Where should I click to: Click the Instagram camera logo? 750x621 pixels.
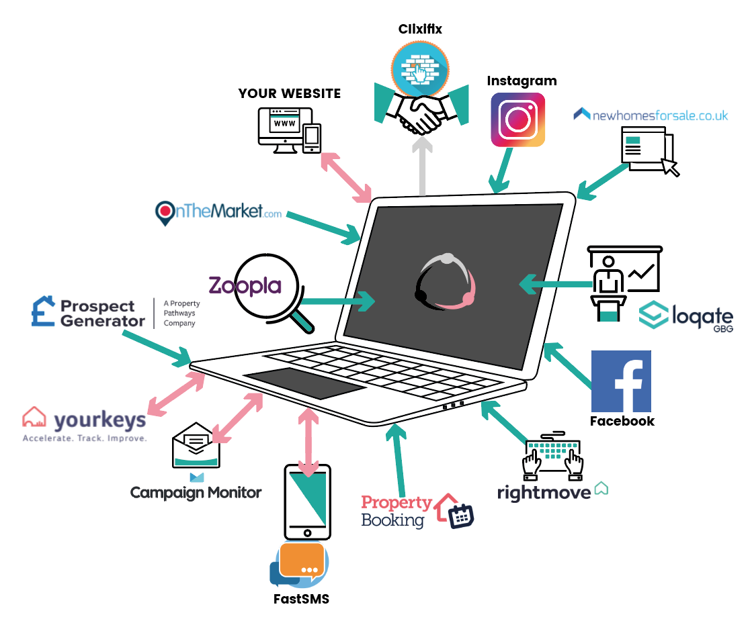(x=517, y=120)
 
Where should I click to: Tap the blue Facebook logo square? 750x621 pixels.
(x=621, y=381)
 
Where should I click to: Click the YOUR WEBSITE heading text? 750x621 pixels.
(x=290, y=93)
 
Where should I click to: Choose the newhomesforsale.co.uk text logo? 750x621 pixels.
(x=651, y=115)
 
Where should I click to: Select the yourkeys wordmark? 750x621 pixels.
(x=99, y=420)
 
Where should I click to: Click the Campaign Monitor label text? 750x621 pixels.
(x=196, y=493)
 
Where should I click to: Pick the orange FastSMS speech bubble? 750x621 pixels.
(x=302, y=561)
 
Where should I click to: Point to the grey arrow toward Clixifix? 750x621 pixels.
(x=422, y=164)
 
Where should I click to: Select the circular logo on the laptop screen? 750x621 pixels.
(x=445, y=281)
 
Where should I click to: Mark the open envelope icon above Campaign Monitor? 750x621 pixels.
(x=196, y=448)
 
